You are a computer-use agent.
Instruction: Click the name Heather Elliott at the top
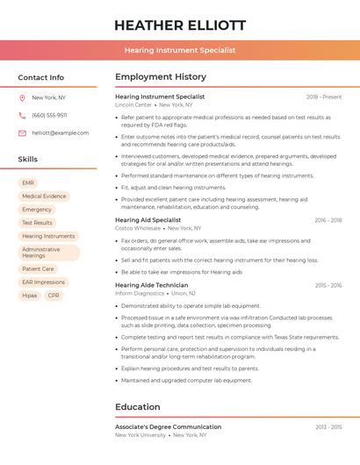180,25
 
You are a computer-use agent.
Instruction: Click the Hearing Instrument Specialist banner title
180,50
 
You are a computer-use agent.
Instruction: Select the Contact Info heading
41,77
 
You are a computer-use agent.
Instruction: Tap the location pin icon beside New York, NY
22,97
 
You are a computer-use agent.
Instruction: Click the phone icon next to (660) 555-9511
22,115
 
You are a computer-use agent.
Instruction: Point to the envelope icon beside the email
22,132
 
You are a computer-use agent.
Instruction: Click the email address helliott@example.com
61,132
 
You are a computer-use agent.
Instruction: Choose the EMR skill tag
29,182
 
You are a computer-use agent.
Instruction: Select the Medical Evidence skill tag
44,197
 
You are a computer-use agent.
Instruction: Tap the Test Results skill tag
37,223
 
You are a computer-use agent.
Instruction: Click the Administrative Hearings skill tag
48,253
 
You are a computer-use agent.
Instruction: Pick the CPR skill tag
54,296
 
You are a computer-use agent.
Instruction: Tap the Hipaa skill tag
30,296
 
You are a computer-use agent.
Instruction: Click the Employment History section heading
161,77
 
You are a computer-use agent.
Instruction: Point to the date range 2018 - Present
324,97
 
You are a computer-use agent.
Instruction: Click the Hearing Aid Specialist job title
148,219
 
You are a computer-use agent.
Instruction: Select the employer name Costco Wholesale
138,228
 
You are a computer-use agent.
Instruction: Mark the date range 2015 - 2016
328,285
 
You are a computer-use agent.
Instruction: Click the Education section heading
138,407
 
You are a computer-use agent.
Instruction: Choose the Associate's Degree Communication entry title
168,426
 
